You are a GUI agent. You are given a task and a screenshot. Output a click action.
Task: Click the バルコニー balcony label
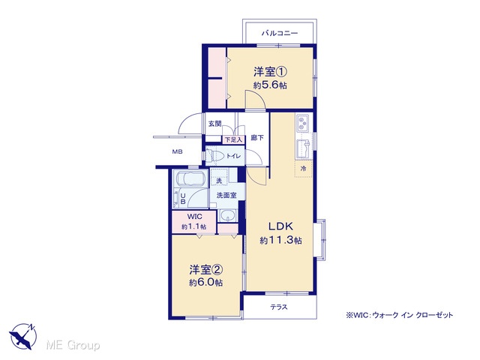click(280, 33)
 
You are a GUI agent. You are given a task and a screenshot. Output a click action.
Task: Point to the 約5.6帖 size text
click(270, 85)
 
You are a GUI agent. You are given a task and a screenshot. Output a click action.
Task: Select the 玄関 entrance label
click(215, 124)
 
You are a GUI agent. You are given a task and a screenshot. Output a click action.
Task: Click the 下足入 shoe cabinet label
click(233, 140)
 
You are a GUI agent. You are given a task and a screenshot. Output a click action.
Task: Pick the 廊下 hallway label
click(257, 138)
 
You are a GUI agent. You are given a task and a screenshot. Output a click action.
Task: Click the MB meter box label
click(177, 151)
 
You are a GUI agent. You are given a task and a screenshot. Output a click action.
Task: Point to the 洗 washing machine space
click(219, 177)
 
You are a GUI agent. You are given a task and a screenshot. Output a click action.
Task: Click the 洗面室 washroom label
click(226, 195)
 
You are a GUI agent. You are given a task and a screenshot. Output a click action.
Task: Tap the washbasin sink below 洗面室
click(227, 216)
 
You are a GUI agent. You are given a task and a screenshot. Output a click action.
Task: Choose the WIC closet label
click(195, 217)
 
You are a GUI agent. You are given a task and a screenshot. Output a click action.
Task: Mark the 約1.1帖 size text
click(193, 226)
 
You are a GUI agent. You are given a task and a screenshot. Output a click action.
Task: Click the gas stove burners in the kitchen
click(302, 123)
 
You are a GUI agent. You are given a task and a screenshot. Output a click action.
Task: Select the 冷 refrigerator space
click(303, 168)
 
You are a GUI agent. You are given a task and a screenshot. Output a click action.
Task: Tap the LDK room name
click(280, 226)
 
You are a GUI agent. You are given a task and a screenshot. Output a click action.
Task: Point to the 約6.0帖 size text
click(205, 282)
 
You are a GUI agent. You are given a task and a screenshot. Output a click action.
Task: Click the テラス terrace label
click(279, 307)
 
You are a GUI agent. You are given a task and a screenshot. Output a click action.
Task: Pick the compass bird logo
click(23, 336)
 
